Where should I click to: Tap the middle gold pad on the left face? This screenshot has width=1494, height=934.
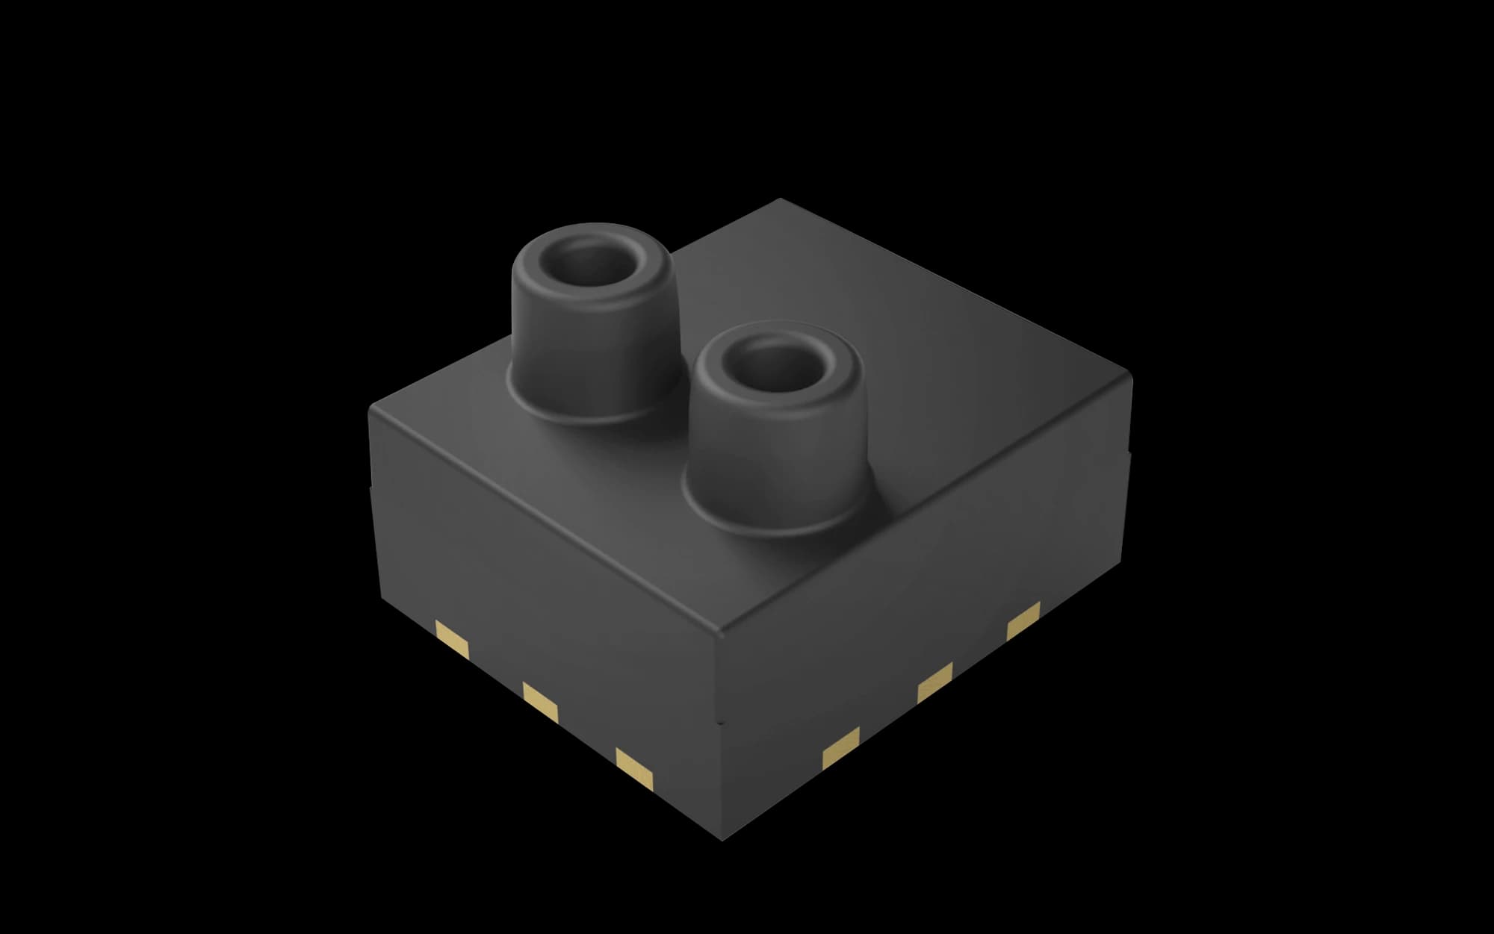pos(541,702)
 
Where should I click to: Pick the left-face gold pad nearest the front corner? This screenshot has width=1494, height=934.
pos(635,768)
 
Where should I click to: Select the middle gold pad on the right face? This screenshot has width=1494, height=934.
pos(935,681)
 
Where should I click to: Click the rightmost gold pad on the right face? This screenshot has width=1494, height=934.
pos(1023,620)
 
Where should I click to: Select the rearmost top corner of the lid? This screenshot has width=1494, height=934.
pos(780,200)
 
